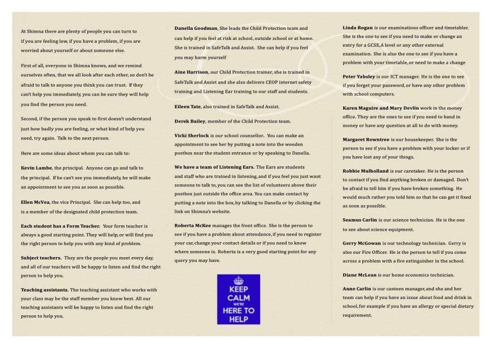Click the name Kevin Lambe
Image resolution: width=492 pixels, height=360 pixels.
[x=36, y=168]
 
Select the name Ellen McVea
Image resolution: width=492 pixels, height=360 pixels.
[x=35, y=202]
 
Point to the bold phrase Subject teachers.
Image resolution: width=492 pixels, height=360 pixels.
[x=41, y=258]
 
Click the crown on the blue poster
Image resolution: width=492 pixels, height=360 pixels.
[x=238, y=280]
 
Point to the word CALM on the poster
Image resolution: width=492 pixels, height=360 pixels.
[x=238, y=298]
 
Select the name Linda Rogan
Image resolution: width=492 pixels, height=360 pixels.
[x=357, y=28]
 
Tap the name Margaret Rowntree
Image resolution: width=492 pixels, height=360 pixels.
[x=366, y=139]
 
